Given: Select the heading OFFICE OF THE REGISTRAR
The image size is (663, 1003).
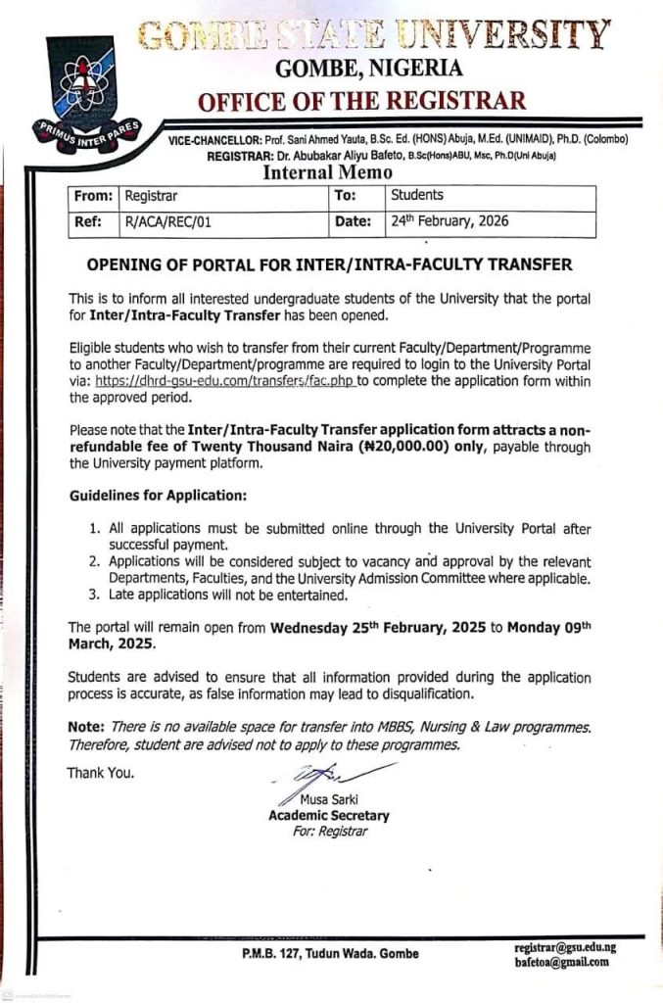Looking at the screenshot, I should pyautogui.click(x=361, y=101).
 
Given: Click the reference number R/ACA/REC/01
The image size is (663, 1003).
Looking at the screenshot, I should pyautogui.click(x=168, y=222).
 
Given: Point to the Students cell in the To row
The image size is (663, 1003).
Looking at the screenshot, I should pyautogui.click(x=417, y=196).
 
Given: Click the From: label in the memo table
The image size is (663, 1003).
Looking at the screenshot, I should pyautogui.click(x=94, y=196).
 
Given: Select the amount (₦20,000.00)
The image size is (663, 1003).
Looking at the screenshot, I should pyautogui.click(x=418, y=447).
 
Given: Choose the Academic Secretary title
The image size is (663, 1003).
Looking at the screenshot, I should pyautogui.click(x=328, y=815).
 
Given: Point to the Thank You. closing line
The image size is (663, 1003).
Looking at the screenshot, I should pyautogui.click(x=101, y=773).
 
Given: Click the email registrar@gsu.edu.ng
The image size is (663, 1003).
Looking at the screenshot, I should pyautogui.click(x=565, y=947).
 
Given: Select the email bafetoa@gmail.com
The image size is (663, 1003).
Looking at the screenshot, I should pyautogui.click(x=561, y=962).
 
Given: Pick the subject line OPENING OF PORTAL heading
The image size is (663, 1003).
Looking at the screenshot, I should pyautogui.click(x=329, y=264).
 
